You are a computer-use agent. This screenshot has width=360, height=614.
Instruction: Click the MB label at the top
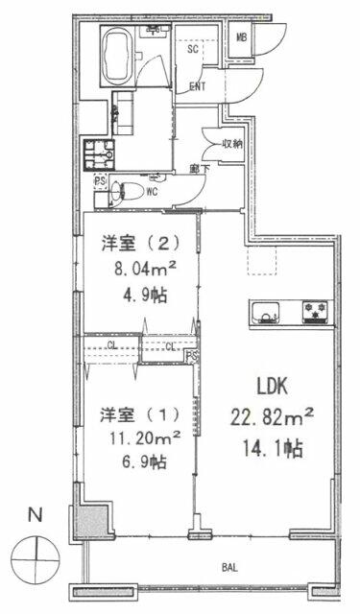[243, 37]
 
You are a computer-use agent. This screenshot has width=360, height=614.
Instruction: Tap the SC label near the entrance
[192, 50]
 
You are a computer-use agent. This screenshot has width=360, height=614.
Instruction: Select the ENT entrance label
[198, 87]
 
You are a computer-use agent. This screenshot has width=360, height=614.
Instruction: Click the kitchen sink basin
[264, 312]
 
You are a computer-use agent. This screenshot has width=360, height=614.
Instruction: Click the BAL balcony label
[230, 568]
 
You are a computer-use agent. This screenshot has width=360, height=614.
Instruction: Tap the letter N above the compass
[36, 515]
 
